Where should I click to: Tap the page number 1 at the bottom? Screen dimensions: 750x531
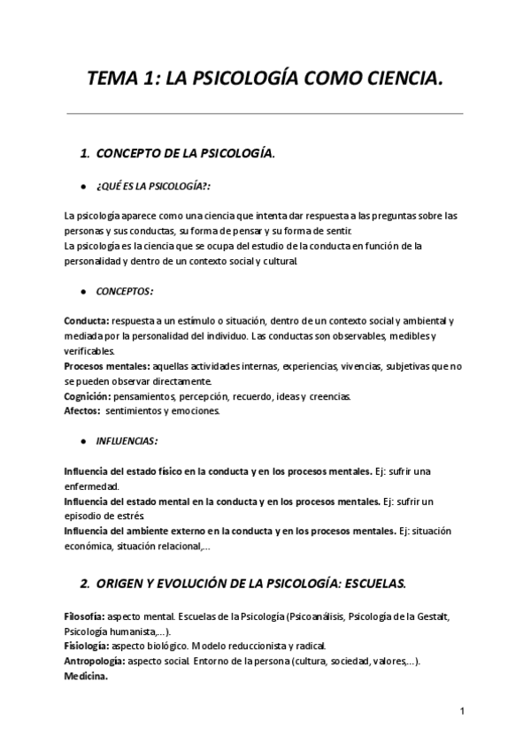click(x=463, y=710)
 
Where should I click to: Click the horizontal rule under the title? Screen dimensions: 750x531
click(x=265, y=113)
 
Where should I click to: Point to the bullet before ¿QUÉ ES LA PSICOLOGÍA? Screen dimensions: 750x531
click(x=82, y=187)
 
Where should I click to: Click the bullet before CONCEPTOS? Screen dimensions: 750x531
click(x=82, y=291)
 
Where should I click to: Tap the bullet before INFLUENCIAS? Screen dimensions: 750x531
click(x=82, y=440)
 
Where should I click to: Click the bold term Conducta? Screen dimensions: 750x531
click(x=87, y=320)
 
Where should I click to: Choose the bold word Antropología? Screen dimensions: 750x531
click(x=96, y=661)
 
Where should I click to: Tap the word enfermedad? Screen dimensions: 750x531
click(x=92, y=486)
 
